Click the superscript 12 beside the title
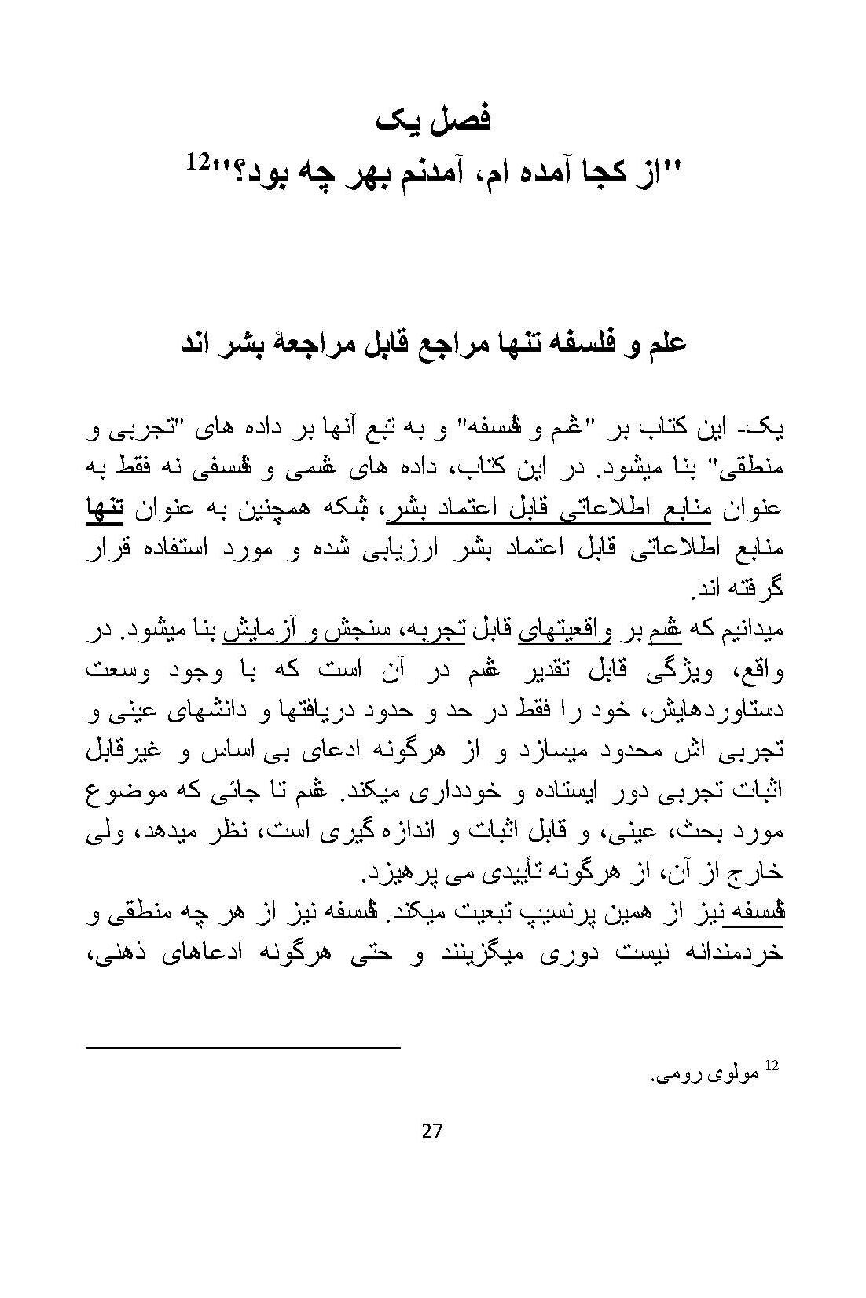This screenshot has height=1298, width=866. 197,162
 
